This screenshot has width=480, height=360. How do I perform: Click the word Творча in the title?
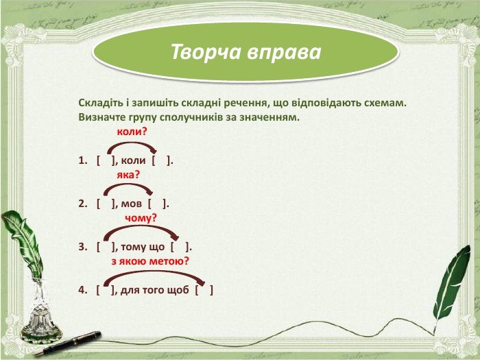click(206, 51)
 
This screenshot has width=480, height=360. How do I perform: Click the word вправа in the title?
click(284, 52)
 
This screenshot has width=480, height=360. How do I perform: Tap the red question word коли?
click(132, 132)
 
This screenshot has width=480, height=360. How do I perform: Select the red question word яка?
click(128, 175)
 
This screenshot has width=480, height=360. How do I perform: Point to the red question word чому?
click(141, 218)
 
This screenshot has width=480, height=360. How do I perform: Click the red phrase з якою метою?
click(150, 261)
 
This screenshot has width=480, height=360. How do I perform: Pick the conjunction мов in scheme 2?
click(132, 204)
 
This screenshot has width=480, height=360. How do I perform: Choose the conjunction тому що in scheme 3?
click(143, 247)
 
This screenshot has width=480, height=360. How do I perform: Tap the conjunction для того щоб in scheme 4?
click(154, 290)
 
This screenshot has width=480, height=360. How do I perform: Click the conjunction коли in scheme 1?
click(134, 160)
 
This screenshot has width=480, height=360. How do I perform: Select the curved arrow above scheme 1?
click(132, 143)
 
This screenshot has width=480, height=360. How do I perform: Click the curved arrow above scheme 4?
click(154, 272)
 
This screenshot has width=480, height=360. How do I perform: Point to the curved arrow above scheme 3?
click(141, 227)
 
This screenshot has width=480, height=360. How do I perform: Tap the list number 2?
click(83, 204)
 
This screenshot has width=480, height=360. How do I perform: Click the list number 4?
click(83, 290)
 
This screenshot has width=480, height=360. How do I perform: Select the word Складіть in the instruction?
click(101, 103)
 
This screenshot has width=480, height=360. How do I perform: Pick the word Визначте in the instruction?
click(102, 117)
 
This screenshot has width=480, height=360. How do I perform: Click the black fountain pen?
click(68, 344)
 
